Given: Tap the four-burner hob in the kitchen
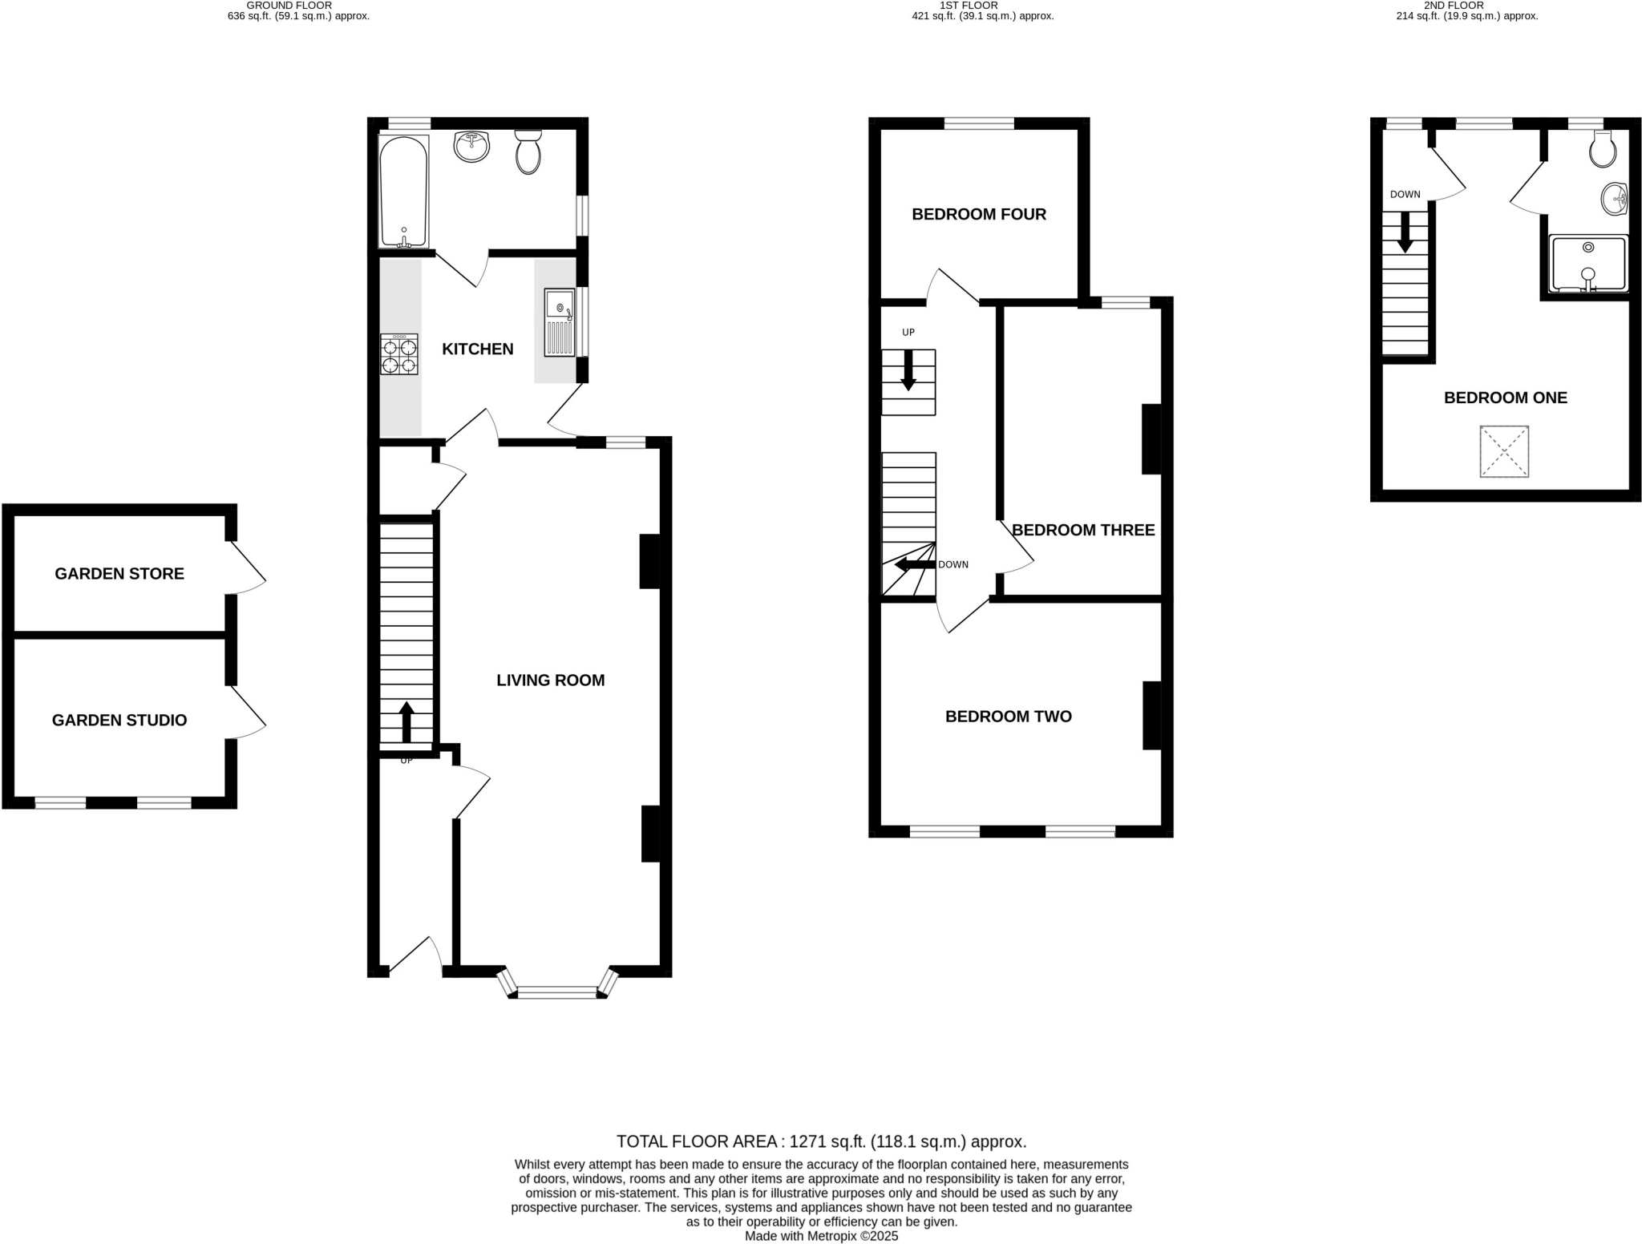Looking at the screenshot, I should (399, 353).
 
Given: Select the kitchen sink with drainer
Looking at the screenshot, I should (560, 322).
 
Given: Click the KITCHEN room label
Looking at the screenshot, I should (478, 349).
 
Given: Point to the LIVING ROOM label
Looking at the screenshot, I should (550, 680).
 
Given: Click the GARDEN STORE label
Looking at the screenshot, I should (119, 573).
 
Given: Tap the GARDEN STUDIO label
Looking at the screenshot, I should (119, 720).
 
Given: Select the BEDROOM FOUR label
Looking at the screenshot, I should (979, 214).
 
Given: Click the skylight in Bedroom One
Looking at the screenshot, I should (1504, 451).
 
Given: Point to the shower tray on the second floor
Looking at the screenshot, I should (1588, 264).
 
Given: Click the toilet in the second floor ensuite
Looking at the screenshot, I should (1603, 150).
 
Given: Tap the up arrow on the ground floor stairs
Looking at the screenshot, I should (406, 721).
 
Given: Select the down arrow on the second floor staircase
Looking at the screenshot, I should (1405, 232).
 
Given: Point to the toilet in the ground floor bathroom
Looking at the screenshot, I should (528, 152).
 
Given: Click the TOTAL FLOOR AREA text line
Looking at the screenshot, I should (821, 1141).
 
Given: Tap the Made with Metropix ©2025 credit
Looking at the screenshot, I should (821, 1236).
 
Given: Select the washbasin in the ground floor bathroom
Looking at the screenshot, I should (471, 147).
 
